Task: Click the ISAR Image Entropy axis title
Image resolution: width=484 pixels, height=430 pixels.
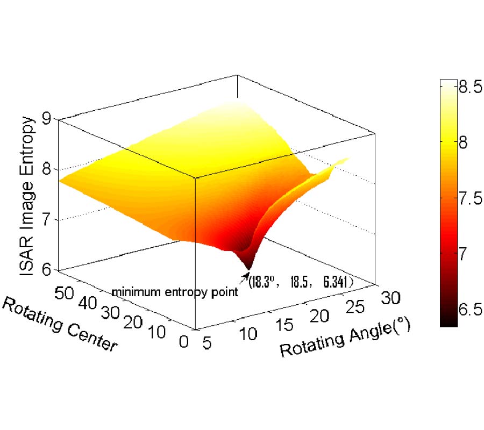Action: [28, 196]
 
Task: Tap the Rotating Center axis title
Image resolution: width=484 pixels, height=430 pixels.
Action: [60, 325]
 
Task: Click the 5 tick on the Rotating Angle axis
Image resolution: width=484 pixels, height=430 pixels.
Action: [204, 342]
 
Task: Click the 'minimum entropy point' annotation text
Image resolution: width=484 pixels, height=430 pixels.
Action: [174, 292]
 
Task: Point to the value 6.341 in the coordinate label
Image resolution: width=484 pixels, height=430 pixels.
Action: [337, 282]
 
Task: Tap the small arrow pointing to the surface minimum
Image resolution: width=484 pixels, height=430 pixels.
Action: [245, 277]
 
